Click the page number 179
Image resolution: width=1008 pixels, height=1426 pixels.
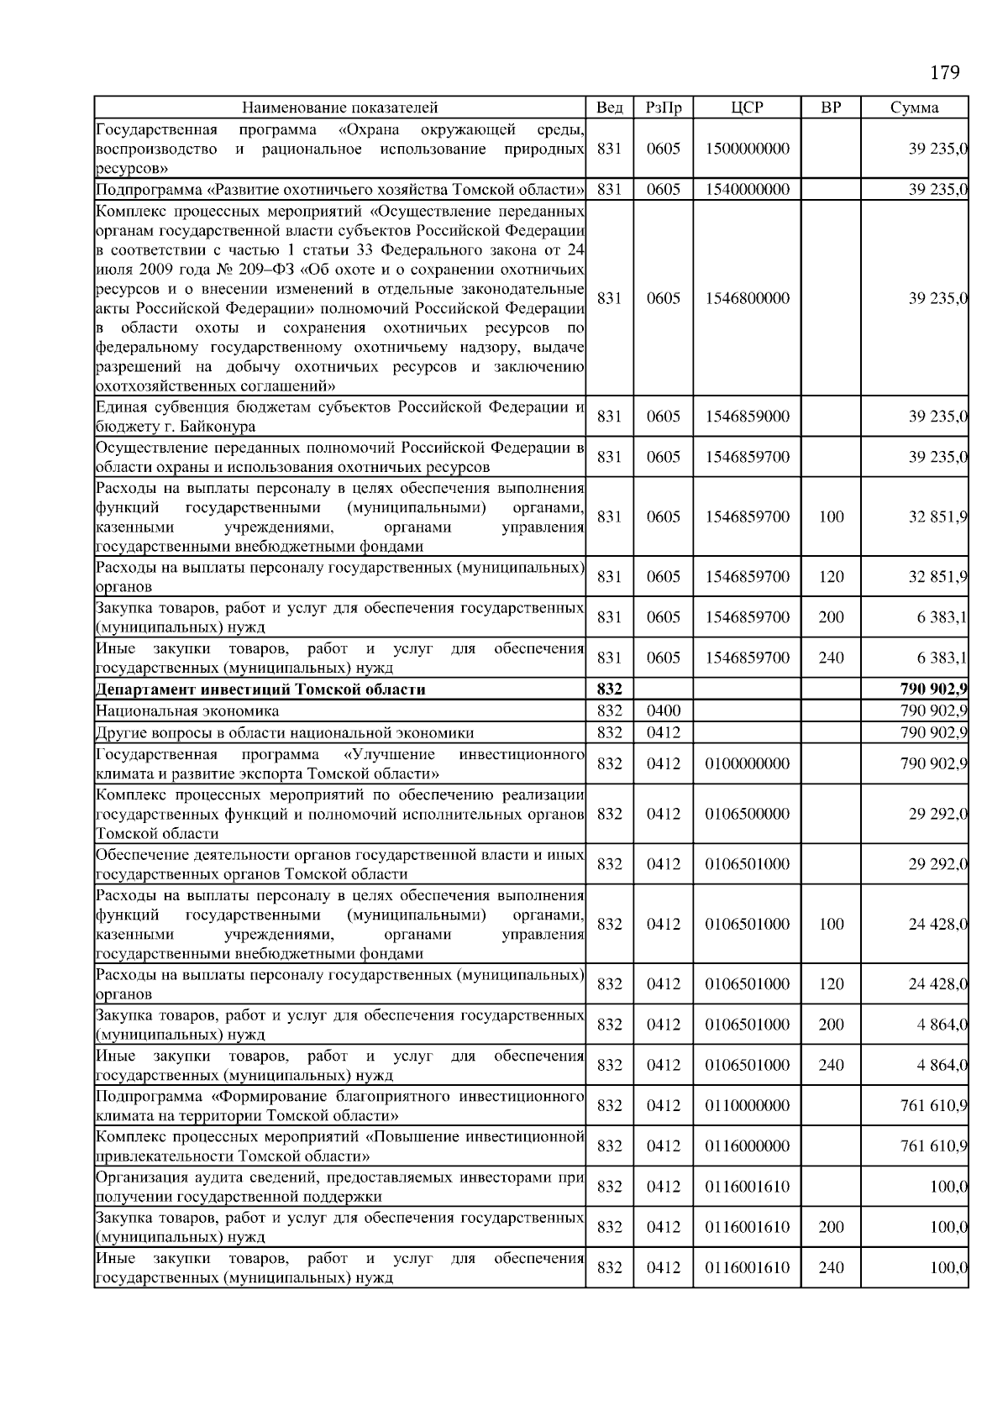pyautogui.click(x=945, y=73)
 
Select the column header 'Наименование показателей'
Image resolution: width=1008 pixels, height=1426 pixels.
pyautogui.click(x=339, y=107)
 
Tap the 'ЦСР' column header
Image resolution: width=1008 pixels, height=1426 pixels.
pyautogui.click(x=747, y=107)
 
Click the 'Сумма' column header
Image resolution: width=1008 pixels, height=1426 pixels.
pyautogui.click(x=914, y=107)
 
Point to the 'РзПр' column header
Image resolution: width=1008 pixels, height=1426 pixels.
pyautogui.click(x=663, y=107)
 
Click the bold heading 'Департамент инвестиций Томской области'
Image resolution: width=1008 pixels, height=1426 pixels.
pyautogui.click(x=260, y=689)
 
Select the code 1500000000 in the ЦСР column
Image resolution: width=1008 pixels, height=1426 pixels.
pyautogui.click(x=747, y=149)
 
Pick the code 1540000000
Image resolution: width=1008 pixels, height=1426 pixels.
pyautogui.click(x=747, y=190)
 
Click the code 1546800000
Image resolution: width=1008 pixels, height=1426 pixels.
pyautogui.click(x=747, y=298)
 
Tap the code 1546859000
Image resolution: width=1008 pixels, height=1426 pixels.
pyautogui.click(x=747, y=417)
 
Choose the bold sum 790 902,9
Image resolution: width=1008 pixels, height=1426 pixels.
pyautogui.click(x=933, y=689)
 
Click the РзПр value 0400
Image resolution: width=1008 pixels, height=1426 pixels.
pyautogui.click(x=663, y=710)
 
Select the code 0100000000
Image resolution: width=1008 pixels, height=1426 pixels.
pyautogui.click(x=747, y=763)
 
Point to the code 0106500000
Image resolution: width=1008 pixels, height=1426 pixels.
pyautogui.click(x=747, y=814)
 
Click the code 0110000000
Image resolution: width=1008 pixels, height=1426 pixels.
pyautogui.click(x=747, y=1105)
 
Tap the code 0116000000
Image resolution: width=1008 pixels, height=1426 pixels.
pyautogui.click(x=747, y=1146)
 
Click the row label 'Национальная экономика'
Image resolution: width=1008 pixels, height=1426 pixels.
pyautogui.click(x=187, y=710)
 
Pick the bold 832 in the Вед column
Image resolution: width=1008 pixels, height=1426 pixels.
pyautogui.click(x=609, y=689)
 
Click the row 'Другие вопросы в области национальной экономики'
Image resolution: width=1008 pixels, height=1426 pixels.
pyautogui.click(x=285, y=732)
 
